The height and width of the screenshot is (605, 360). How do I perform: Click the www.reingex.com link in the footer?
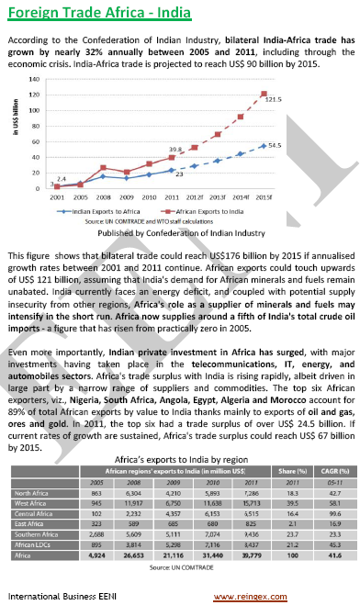(x=309, y=596)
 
